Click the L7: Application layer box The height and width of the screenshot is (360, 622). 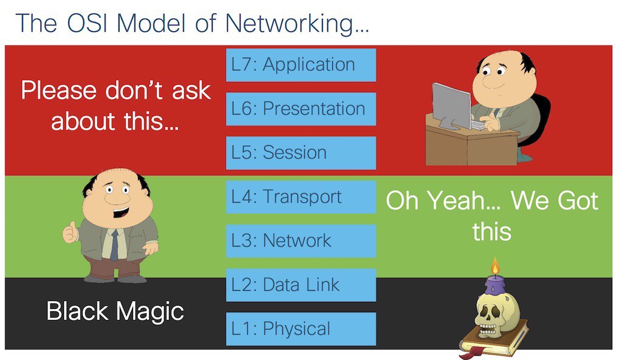301,65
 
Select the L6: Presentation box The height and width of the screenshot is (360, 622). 301,109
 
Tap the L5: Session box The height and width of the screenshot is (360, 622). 301,153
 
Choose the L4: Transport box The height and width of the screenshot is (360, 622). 301,197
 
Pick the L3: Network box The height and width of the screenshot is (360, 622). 301,241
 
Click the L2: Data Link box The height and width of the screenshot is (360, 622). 301,285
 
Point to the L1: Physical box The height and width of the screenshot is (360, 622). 301,329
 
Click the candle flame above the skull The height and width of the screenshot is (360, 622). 494,267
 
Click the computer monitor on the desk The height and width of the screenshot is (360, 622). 451,106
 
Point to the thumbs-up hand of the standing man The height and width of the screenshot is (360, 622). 70,233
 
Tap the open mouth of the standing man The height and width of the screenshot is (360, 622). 120,213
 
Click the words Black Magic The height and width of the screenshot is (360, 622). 115,311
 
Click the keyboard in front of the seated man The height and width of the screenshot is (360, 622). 479,125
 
